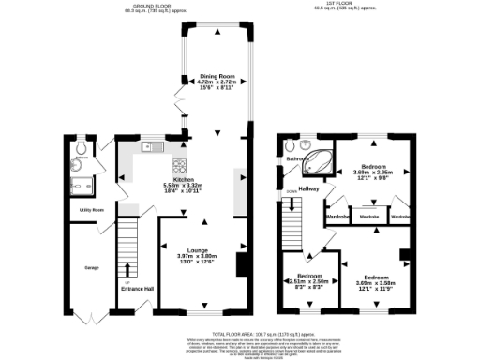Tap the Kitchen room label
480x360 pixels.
[x=183, y=178]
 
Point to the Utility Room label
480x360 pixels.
[x=91, y=209]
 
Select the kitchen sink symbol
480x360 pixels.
[x=150, y=147]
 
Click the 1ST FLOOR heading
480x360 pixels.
[x=347, y=7]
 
